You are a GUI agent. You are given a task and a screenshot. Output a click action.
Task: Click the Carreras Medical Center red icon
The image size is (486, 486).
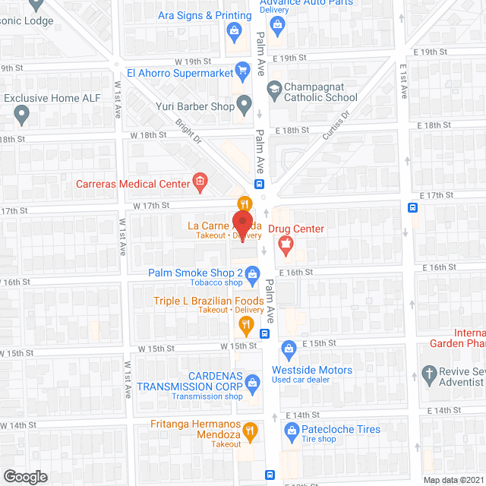tap(200, 181)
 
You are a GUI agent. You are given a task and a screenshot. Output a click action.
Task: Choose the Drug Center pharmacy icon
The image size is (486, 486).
tap(286, 245)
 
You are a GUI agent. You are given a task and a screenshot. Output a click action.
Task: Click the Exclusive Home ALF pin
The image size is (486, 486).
tap(21, 114)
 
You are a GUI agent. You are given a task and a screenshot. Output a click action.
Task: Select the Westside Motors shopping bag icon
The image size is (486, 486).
tap(288, 350)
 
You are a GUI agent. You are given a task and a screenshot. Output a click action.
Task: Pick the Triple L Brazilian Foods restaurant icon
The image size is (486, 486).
tap(246, 326)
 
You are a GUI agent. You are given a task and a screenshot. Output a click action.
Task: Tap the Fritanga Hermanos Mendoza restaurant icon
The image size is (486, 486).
tap(251, 431)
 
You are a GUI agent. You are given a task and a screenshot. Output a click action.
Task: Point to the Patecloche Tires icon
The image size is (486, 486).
tap(290, 432)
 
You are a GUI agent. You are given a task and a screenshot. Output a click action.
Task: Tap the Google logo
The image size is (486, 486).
tap(25, 476)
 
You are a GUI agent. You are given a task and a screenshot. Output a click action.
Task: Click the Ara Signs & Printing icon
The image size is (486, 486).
tap(233, 30)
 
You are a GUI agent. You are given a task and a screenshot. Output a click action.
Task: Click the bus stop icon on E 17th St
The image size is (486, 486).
tap(412, 208)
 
